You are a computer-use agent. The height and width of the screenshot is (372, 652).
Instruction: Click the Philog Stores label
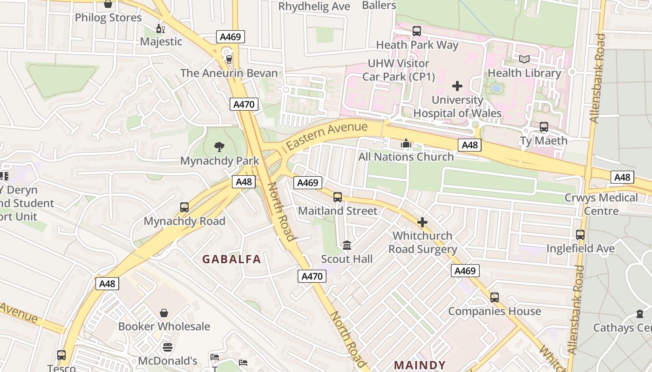click(108, 18)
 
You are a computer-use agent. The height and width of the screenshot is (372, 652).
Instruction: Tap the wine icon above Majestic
click(161, 28)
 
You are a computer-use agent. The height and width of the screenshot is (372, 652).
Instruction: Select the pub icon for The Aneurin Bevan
click(229, 59)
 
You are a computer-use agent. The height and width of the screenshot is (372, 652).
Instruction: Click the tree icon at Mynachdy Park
click(219, 147)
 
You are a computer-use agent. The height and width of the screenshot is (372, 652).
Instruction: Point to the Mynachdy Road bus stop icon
click(184, 207)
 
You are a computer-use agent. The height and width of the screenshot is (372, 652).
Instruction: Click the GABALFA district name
click(231, 259)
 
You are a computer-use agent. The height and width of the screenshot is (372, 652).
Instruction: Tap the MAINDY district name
click(420, 365)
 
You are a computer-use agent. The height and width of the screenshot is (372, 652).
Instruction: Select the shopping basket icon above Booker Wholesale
click(164, 313)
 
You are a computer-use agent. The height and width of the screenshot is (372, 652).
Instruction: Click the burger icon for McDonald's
click(168, 347)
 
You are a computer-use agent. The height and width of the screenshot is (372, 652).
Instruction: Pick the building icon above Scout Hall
click(347, 245)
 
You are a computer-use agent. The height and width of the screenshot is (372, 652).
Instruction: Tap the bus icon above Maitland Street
click(338, 197)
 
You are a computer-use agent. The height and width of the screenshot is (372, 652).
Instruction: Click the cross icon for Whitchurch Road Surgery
click(422, 222)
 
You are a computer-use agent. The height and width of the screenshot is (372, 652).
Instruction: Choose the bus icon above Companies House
click(495, 298)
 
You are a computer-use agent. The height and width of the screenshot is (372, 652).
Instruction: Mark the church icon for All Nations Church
click(406, 143)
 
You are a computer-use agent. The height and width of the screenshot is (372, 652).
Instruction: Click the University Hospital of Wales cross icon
click(457, 86)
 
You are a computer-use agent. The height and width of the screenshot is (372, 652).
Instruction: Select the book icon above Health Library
click(524, 59)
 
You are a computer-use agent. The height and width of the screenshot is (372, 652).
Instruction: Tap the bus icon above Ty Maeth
click(543, 127)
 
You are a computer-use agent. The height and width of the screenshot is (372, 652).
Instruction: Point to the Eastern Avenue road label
click(327, 135)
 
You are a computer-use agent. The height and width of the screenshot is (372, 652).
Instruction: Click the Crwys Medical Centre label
click(601, 204)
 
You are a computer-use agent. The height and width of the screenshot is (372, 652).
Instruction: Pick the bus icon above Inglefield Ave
click(580, 235)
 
